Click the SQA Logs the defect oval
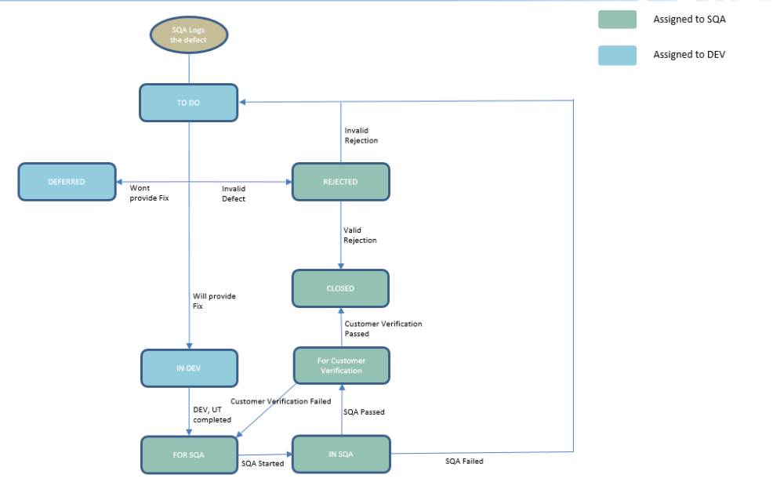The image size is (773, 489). point(188,34)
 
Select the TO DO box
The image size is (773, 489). point(188,103)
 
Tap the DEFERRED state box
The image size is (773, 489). point(67,182)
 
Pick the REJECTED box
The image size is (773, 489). point(340,182)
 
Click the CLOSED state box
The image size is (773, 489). point(340,288)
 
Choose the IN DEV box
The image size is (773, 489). point(188,368)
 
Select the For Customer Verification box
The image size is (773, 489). point(341,366)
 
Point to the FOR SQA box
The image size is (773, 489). point(189,455)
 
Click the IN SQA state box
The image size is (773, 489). point(340,454)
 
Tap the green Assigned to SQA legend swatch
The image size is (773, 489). point(617,20)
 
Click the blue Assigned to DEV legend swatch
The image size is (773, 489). point(617,55)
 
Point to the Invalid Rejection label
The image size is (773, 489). point(361,136)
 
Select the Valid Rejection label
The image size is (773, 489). point(360,235)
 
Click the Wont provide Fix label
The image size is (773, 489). point(149,194)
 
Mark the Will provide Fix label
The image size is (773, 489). point(214,301)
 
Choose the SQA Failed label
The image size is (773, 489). point(464,462)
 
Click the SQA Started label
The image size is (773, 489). point(263,464)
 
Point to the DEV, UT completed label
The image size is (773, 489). point(212,415)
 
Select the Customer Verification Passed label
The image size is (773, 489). point(383,328)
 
